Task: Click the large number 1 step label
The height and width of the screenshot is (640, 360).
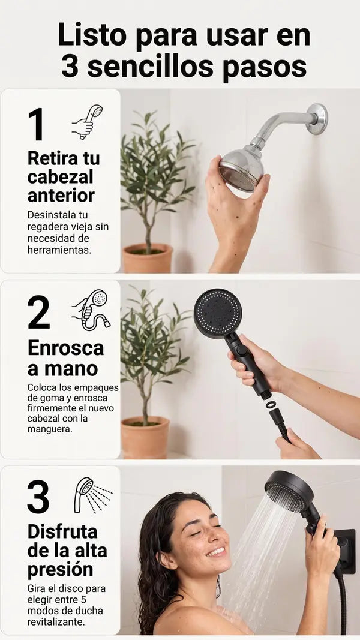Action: pyautogui.click(x=36, y=124)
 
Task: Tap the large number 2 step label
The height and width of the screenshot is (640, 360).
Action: pyautogui.click(x=39, y=313)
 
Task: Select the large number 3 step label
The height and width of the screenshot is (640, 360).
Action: pyautogui.click(x=38, y=497)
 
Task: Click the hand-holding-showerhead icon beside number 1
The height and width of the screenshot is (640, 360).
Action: pyautogui.click(x=88, y=122)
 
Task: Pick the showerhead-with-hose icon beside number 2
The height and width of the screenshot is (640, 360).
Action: pyautogui.click(x=91, y=310)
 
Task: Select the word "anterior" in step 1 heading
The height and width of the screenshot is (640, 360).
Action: pyautogui.click(x=61, y=195)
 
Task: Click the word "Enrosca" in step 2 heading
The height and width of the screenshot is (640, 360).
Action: pyautogui.click(x=66, y=348)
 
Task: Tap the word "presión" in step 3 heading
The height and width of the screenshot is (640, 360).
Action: pyautogui.click(x=60, y=569)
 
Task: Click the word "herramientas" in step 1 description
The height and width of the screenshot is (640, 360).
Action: pyautogui.click(x=59, y=250)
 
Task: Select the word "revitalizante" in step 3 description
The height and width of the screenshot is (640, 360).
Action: pyautogui.click(x=57, y=621)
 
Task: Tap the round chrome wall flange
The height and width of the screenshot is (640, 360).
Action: pyautogui.click(x=317, y=119)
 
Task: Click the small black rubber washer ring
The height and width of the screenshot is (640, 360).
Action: pyautogui.click(x=271, y=404)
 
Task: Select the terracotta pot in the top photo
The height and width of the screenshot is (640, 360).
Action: pyautogui.click(x=148, y=258)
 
